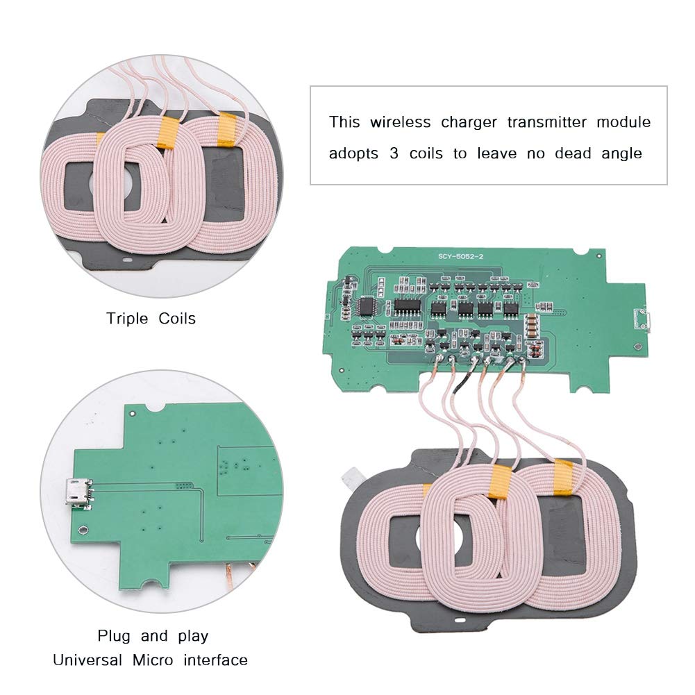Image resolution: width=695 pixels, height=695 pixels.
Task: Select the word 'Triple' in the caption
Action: pyautogui.click(x=127, y=319)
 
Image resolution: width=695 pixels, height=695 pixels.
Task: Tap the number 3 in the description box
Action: pyautogui.click(x=394, y=153)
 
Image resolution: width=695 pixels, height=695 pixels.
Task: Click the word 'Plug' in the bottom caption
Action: pyautogui.click(x=112, y=636)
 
